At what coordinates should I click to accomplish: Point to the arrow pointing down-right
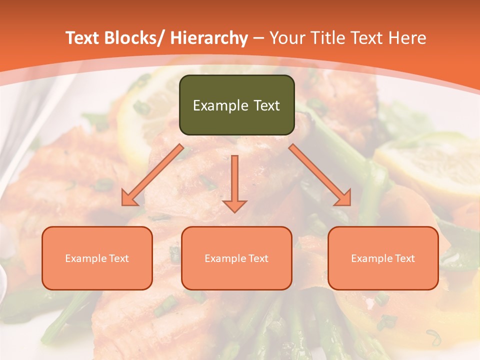[x=320, y=175]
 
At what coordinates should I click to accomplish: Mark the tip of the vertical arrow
[x=234, y=211]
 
